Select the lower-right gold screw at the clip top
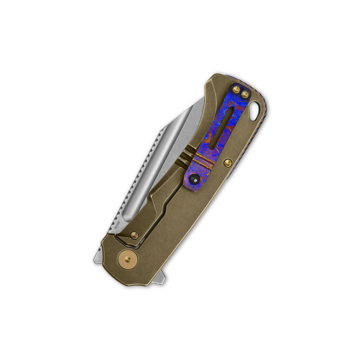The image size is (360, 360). point(245,94)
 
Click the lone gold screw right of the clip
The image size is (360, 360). point(228,162)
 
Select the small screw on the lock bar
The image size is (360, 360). point(135,235)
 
